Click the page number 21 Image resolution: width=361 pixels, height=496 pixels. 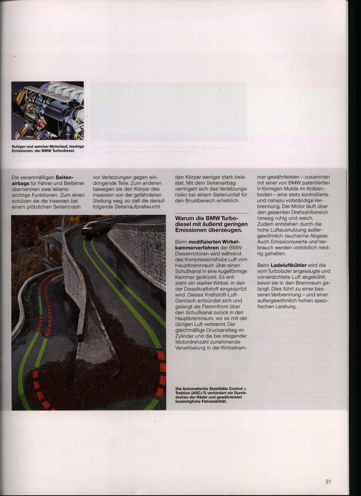pyautogui.click(x=328, y=481)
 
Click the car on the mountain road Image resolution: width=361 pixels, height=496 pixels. pyautogui.click(x=95, y=228)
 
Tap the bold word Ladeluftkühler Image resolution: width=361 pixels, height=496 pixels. pyautogui.click(x=289, y=265)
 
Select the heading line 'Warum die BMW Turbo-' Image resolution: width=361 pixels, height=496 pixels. pyautogui.click(x=207, y=218)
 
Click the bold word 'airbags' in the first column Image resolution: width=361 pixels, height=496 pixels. pyautogui.click(x=20, y=183)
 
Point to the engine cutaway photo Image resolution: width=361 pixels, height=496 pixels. pyautogui.click(x=48, y=110)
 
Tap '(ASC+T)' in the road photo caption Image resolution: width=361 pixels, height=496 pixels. pyautogui.click(x=199, y=393)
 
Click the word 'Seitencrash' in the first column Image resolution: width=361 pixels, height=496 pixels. pyautogui.click(x=66, y=207)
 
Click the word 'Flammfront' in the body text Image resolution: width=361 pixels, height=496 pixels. pyautogui.click(x=223, y=307)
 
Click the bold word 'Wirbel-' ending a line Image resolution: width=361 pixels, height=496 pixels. pyautogui.click(x=231, y=242)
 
